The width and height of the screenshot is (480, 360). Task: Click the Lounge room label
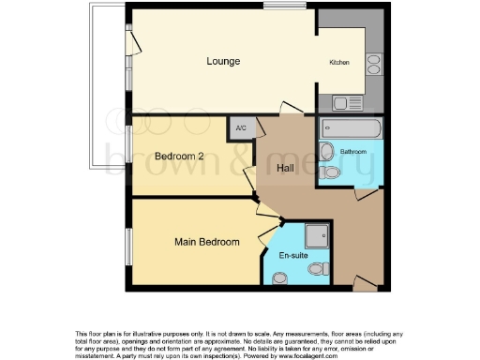pos(224,62)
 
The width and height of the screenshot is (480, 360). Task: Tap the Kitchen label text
pos(338,63)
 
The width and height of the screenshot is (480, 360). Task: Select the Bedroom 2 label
pos(179,156)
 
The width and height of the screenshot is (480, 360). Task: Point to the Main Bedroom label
pos(207,242)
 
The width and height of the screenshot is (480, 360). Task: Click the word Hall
pos(288,169)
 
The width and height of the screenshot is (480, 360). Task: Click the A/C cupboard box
pos(241,128)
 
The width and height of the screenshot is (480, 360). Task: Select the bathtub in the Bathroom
pos(352,127)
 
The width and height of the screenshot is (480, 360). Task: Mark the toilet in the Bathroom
pos(327,152)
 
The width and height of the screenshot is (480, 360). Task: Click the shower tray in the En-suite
pos(318,236)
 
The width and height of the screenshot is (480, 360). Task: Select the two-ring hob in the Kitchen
pos(373,64)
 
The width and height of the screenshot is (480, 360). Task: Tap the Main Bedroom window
pos(128,242)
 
